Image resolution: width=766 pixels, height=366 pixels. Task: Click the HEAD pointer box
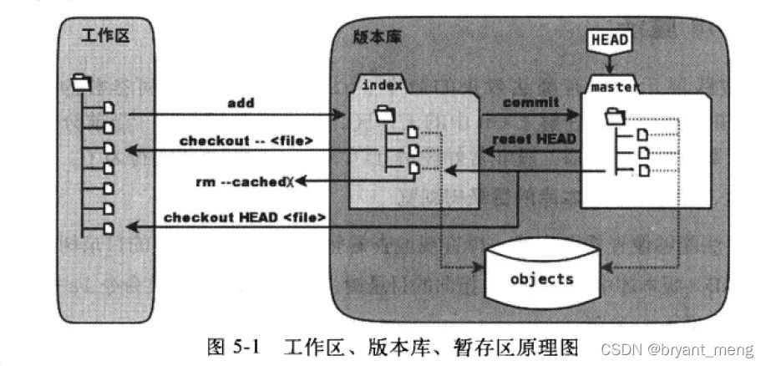[x=610, y=38]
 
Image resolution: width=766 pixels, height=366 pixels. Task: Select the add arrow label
[x=241, y=103]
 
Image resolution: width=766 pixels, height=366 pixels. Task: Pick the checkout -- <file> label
[x=246, y=140]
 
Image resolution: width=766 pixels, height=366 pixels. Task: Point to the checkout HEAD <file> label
[x=244, y=217]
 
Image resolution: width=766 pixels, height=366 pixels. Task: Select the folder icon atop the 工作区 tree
[x=81, y=82]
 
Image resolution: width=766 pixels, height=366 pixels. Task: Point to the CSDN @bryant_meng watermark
[x=699, y=348]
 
